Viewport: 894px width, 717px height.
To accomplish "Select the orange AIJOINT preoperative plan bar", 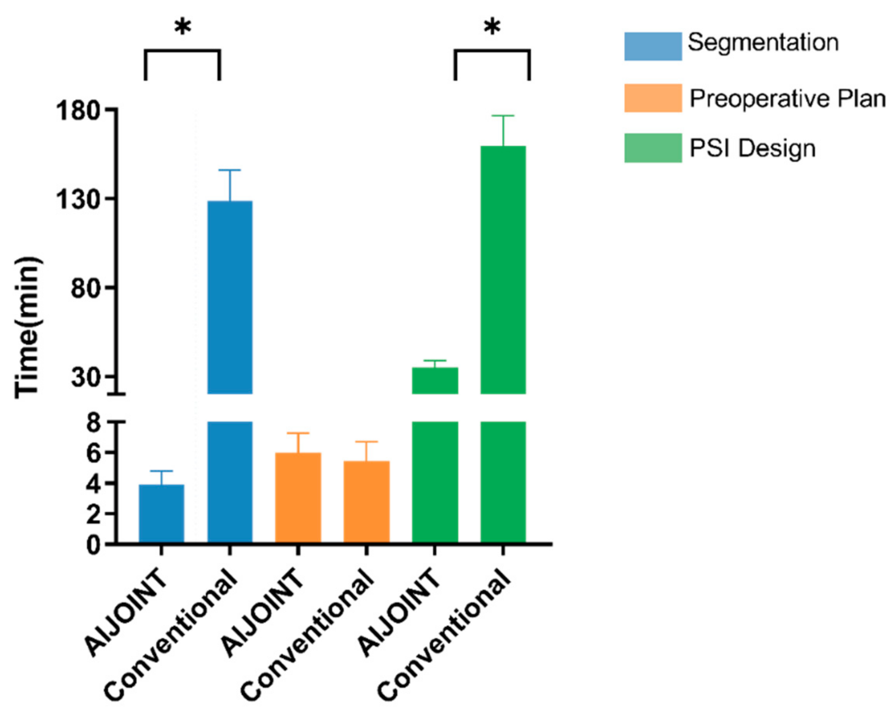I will (x=298, y=497).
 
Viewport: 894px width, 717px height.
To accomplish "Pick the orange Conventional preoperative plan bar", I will (x=366, y=501).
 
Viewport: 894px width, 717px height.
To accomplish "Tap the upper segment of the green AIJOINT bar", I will (x=435, y=380).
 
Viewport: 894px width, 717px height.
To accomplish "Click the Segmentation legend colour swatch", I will (x=653, y=46).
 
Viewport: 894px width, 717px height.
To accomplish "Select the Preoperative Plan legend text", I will (x=787, y=99).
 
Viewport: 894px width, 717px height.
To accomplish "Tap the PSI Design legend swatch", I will (x=653, y=148).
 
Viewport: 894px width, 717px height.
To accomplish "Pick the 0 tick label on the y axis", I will (x=94, y=545).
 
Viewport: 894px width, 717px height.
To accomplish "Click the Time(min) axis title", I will (x=28, y=328).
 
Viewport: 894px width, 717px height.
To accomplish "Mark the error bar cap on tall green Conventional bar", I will (x=503, y=116).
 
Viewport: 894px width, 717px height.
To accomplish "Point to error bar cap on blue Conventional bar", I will (x=230, y=170).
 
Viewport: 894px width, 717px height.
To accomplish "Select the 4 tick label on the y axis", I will (x=94, y=484).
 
